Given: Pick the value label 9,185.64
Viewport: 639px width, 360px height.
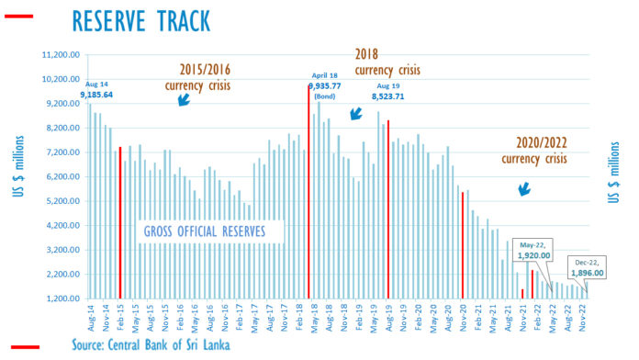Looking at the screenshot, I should (96, 95).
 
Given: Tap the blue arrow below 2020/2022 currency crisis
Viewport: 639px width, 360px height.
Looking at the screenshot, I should (525, 188).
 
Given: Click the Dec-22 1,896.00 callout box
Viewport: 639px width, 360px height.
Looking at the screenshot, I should (584, 266).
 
